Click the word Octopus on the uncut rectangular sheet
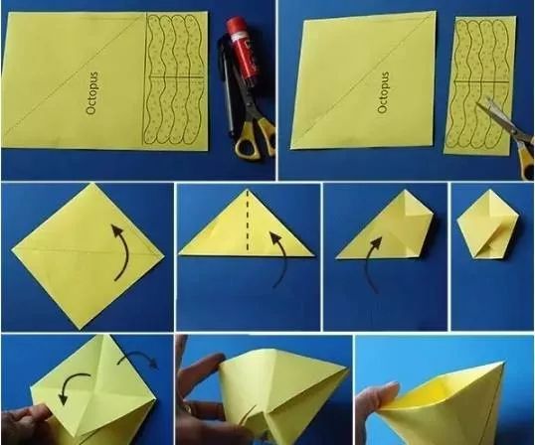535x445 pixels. pos(92,93)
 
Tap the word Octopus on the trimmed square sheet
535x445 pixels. pos(384,92)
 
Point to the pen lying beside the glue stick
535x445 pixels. pos(226,88)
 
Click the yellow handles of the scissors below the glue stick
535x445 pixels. pos(255,139)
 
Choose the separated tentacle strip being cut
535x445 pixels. pos(479,85)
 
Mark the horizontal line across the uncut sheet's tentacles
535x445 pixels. pos(177,77)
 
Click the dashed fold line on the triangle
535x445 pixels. pos(248,221)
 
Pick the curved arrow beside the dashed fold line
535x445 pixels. pos(281,259)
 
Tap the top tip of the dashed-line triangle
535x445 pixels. pos(248,189)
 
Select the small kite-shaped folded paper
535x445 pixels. pos(487,223)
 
